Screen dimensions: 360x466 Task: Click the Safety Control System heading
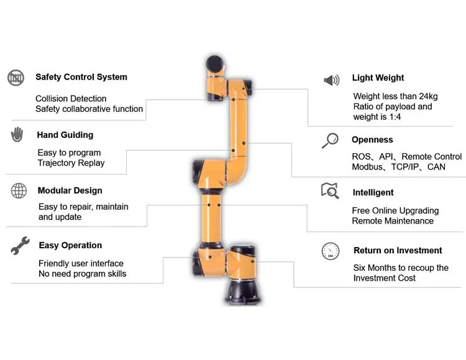pyautogui.click(x=81, y=77)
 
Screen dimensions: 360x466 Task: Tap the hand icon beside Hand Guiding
pyautogui.click(x=17, y=134)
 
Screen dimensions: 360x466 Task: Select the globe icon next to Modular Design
pyautogui.click(x=19, y=191)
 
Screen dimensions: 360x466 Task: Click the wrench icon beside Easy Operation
pyautogui.click(x=19, y=246)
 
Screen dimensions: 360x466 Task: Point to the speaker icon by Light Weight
pyautogui.click(x=331, y=80)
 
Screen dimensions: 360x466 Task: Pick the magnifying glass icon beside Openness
pyautogui.click(x=329, y=140)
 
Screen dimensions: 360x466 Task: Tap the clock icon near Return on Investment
pyautogui.click(x=330, y=251)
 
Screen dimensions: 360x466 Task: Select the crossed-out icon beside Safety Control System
pyautogui.click(x=16, y=78)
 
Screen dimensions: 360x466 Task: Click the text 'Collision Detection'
pyautogui.click(x=71, y=99)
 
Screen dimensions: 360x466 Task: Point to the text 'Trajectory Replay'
pyautogui.click(x=71, y=163)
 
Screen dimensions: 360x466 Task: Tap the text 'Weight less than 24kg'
pyautogui.click(x=395, y=96)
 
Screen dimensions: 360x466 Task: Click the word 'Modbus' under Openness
pyautogui.click(x=368, y=167)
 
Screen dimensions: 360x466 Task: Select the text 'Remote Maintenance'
pyautogui.click(x=393, y=221)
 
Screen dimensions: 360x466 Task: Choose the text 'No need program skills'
pyautogui.click(x=82, y=274)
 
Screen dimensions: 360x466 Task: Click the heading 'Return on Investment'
pyautogui.click(x=398, y=251)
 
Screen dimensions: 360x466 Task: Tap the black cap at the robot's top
pyautogui.click(x=215, y=63)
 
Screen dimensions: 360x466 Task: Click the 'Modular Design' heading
pyautogui.click(x=70, y=191)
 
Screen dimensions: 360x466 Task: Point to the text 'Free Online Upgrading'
pyautogui.click(x=395, y=210)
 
